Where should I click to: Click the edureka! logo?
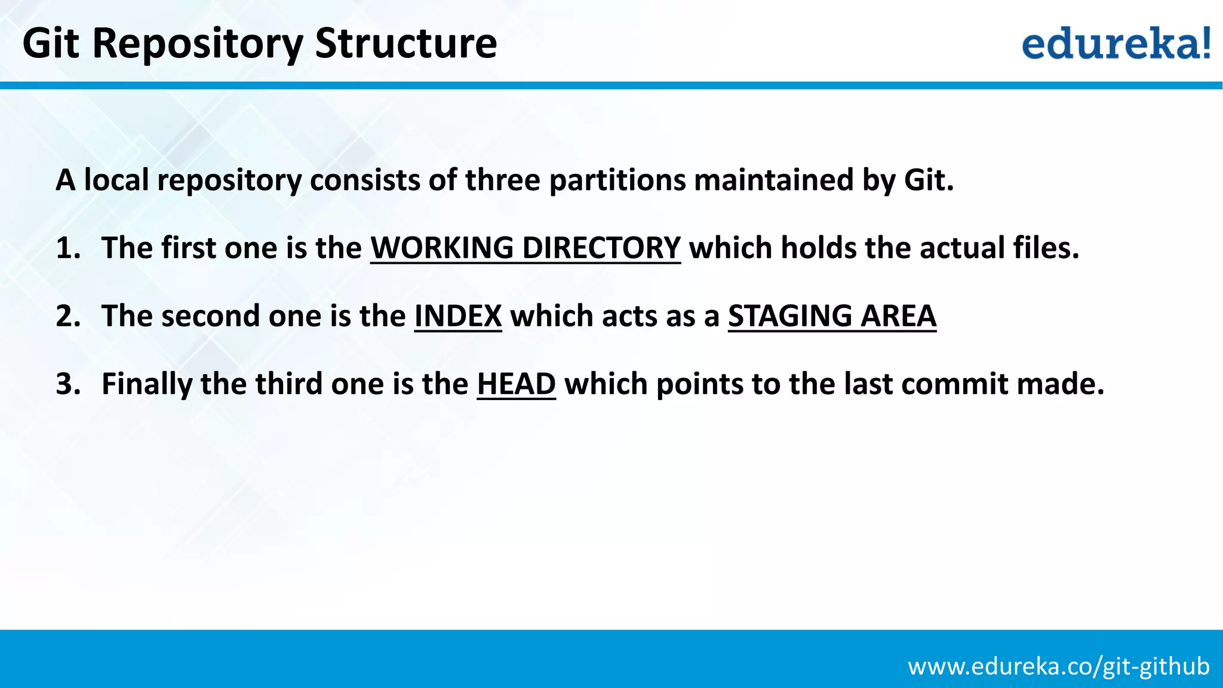click(1116, 43)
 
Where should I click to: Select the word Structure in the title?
click(405, 43)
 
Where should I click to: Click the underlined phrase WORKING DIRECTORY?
click(525, 248)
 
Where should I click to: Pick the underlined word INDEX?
click(458, 316)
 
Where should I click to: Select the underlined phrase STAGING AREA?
click(832, 316)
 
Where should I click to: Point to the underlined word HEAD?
click(516, 383)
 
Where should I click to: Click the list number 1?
click(67, 248)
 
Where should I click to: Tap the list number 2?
click(68, 316)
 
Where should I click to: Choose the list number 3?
click(68, 383)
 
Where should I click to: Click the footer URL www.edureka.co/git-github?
click(1058, 666)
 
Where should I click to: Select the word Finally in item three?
click(146, 384)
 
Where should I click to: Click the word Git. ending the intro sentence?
click(929, 180)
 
